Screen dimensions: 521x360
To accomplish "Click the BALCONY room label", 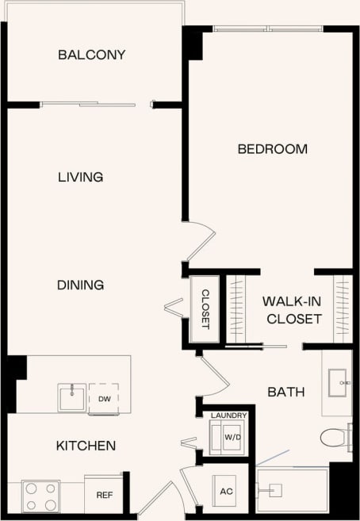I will coord(91,55).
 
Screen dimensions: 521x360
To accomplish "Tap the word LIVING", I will coord(80,177).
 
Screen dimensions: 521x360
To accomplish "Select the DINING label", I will coord(80,285).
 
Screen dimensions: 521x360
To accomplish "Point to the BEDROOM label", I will coord(272,149).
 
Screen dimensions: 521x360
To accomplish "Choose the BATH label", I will coord(285,391).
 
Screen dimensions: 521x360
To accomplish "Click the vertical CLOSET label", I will coord(205,308).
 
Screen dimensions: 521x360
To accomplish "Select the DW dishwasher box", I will coord(104,398).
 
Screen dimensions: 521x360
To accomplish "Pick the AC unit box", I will coord(226,491).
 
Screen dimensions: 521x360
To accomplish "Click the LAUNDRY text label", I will coord(228,415).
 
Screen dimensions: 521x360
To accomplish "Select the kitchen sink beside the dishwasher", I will coord(72,396).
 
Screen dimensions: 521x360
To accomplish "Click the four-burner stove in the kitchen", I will coord(40,496).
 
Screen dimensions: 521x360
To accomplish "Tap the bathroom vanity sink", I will coord(341,381).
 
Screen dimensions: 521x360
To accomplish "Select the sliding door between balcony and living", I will coord(95,103).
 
